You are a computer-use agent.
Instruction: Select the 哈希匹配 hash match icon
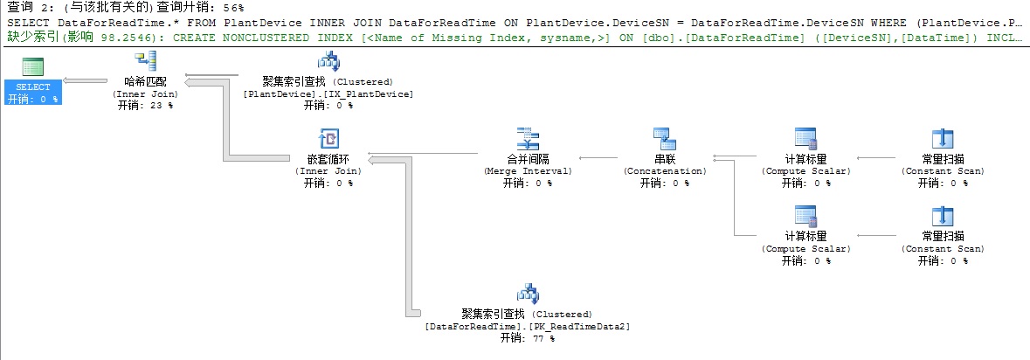144,61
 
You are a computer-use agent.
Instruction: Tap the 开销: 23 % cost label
145,105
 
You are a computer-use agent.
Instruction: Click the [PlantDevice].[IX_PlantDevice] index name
328,94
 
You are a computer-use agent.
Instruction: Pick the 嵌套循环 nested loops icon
328,139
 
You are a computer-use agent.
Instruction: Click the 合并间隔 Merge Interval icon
528,139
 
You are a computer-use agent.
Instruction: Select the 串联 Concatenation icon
664,139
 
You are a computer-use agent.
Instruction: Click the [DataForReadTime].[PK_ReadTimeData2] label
528,327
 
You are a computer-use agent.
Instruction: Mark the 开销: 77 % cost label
528,338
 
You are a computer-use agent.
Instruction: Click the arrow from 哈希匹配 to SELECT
86,80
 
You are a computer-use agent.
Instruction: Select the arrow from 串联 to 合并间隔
598,157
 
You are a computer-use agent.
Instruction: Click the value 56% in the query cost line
231,7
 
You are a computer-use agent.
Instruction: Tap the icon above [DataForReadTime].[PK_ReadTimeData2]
528,295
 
